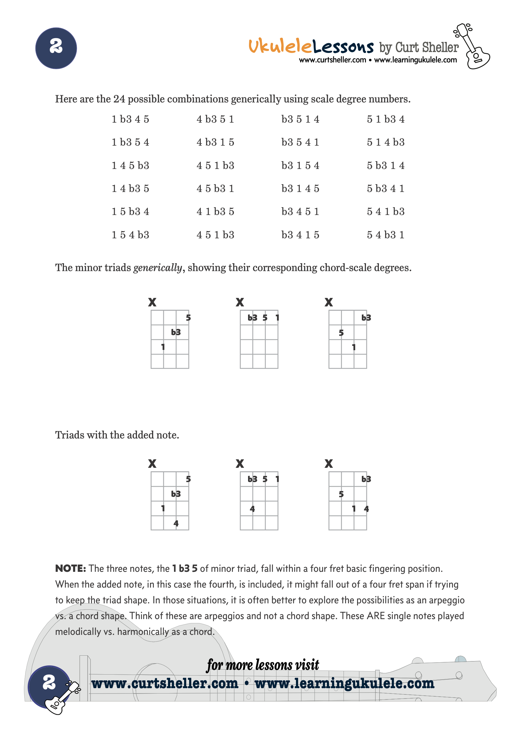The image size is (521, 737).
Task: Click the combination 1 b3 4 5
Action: pos(130,119)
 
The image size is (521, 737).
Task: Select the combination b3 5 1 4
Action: pos(300,119)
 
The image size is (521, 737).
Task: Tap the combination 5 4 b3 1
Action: pos(385,235)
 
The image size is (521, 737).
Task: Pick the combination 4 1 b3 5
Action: pos(215,212)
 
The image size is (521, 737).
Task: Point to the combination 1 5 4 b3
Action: pos(130,235)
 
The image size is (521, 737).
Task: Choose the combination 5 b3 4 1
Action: pos(385,189)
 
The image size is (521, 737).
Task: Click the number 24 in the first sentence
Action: pos(119,99)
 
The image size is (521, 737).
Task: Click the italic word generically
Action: pos(158,268)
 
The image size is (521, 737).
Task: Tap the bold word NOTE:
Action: pos(71,569)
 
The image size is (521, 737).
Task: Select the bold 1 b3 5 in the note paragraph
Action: pos(185,569)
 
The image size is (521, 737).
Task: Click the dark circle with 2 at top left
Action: pos(56,48)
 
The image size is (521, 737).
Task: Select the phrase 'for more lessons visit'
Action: pos(263,665)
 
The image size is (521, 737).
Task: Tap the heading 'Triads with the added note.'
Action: pos(117,435)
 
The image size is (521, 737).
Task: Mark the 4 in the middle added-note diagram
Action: pos(252,509)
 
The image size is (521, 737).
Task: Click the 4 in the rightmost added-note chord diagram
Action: pos(366,509)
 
